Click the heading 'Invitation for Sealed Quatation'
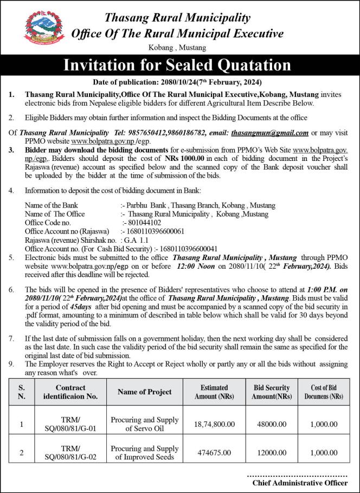pyautogui.click(x=177, y=66)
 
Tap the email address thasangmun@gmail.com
pyautogui.click(x=269, y=132)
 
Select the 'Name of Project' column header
pyautogui.click(x=144, y=392)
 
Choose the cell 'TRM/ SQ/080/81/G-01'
pyautogui.click(x=70, y=424)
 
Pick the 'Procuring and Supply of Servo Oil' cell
pyautogui.click(x=144, y=424)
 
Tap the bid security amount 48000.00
pyautogui.click(x=271, y=424)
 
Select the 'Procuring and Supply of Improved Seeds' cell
pyautogui.click(x=144, y=453)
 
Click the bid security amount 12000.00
pyautogui.click(x=271, y=453)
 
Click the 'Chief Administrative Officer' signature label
pyautogui.click(x=300, y=482)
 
